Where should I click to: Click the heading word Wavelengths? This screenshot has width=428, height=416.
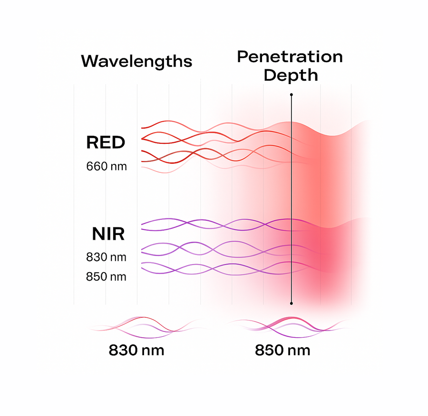pos(136,62)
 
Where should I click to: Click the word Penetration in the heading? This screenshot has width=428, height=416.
pos(290,57)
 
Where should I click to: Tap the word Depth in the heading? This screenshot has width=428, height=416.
pos(291,75)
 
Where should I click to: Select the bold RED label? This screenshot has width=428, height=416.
pos(106,142)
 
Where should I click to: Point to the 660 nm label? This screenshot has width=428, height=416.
pos(107,166)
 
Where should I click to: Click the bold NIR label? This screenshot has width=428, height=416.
pos(108,234)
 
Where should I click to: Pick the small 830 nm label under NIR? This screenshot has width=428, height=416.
pos(106,257)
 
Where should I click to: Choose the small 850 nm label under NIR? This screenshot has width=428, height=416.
pos(106,277)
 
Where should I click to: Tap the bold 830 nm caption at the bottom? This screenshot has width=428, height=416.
pos(136,350)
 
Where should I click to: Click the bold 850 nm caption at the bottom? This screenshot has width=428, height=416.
pos(282,350)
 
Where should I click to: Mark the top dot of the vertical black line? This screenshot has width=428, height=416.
pos(292,95)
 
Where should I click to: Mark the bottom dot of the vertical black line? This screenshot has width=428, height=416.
pos(292,303)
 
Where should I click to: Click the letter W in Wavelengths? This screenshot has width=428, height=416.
pos(90,61)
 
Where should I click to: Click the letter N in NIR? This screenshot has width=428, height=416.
pos(98,234)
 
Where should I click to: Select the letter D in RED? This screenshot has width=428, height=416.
pos(119,142)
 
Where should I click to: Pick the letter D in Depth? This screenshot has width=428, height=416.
pos(270,75)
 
